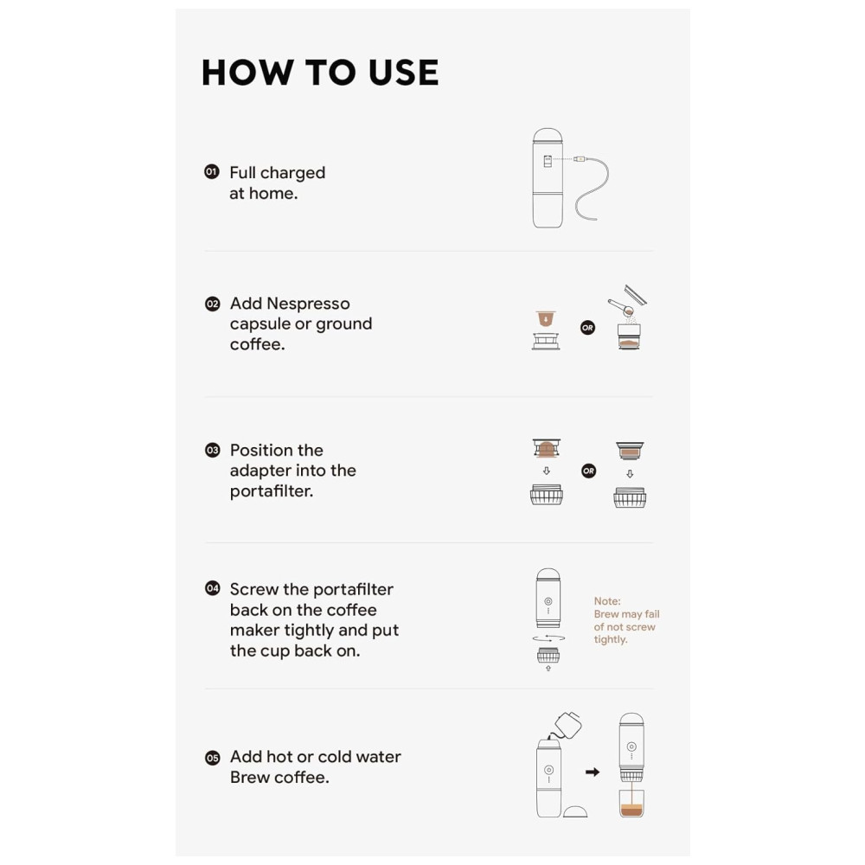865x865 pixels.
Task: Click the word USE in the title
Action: [x=403, y=73]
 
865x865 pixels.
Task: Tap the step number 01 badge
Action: [x=212, y=171]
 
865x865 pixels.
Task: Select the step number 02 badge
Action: [x=213, y=304]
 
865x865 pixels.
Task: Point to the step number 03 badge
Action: [x=213, y=450]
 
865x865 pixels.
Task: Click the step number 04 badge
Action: [x=213, y=588]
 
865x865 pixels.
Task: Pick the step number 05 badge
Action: [x=213, y=758]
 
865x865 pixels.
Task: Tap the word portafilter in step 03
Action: [x=272, y=491]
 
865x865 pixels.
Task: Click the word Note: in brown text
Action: [x=607, y=601]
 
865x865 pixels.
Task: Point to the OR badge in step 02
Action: [x=588, y=328]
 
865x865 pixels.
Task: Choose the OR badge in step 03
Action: [x=588, y=471]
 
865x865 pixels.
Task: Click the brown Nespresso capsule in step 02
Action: [x=546, y=319]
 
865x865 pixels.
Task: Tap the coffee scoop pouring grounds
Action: [x=620, y=307]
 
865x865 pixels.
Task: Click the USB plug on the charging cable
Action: [x=579, y=159]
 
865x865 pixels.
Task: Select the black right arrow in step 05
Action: [x=593, y=772]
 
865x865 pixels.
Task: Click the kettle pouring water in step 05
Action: [x=567, y=725]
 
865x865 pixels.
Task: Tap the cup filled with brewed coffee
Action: [x=631, y=804]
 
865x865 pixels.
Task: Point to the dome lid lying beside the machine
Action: [x=575, y=811]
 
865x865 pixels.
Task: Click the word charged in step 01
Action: [x=292, y=173]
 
